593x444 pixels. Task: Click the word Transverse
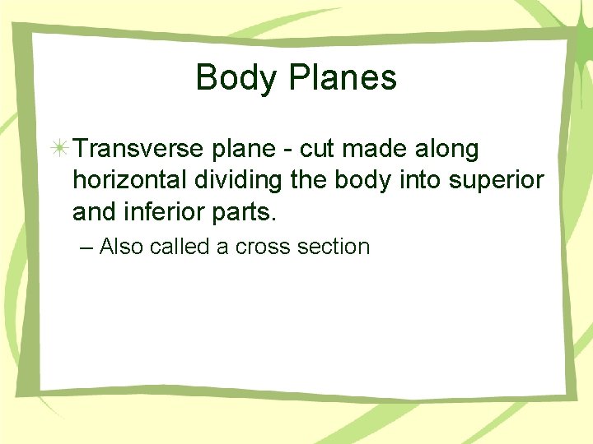tap(137, 150)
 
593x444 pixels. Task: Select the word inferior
tap(164, 213)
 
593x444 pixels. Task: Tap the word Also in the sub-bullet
tap(122, 247)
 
